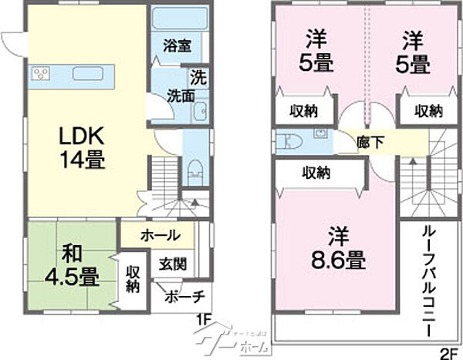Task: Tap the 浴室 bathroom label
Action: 177,45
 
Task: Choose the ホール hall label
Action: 161,235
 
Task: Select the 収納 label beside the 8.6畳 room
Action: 318,172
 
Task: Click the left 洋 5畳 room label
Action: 313,52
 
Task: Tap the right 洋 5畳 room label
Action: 415,52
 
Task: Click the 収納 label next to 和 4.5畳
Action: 133,279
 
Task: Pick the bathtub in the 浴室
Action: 177,19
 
